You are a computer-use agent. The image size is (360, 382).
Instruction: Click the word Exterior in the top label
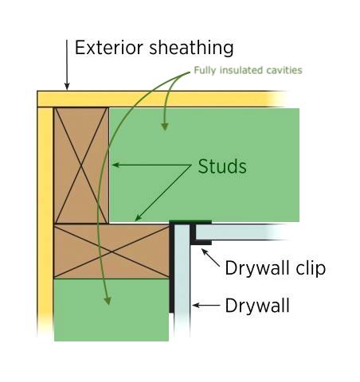coord(109,48)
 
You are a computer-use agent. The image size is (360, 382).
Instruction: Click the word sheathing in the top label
coord(192,48)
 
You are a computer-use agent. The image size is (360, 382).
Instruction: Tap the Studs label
coord(222,166)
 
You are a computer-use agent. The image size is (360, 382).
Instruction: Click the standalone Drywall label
coord(257,306)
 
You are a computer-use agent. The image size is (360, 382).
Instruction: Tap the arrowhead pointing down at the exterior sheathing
coord(67,87)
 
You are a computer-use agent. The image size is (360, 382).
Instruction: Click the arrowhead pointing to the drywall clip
coord(204,251)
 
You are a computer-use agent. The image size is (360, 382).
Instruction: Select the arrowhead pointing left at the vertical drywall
coord(196,306)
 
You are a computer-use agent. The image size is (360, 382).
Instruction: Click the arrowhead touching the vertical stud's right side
coord(115,165)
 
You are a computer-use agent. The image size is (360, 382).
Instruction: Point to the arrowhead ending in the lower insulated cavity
coord(108,301)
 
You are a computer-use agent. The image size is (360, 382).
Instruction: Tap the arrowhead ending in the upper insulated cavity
coord(165,127)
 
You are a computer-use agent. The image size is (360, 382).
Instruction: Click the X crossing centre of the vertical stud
coord(81,166)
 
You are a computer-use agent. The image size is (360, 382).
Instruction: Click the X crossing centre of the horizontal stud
coord(112,251)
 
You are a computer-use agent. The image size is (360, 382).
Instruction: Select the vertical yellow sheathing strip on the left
coord(45,221)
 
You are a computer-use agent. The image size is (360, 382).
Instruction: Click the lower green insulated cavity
coord(112,310)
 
